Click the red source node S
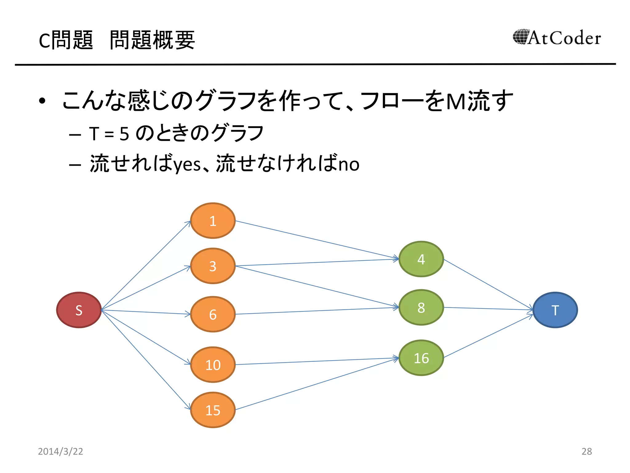tap(79, 310)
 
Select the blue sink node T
tap(555, 310)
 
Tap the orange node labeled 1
tap(213, 220)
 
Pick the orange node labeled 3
tap(213, 266)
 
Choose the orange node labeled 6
tap(213, 314)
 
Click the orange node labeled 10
tap(213, 365)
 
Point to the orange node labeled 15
tap(213, 410)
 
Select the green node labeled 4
tap(421, 259)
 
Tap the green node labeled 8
tap(421, 307)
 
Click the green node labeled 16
tap(421, 358)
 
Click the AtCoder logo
tap(557, 38)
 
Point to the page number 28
tap(587, 451)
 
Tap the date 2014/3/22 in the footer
tap(60, 451)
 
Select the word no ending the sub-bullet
tap(349, 164)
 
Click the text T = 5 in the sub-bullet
tap(109, 134)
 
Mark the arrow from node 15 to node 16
tap(317, 384)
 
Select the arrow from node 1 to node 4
tap(317, 240)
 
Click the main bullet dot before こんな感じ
tap(42, 101)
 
